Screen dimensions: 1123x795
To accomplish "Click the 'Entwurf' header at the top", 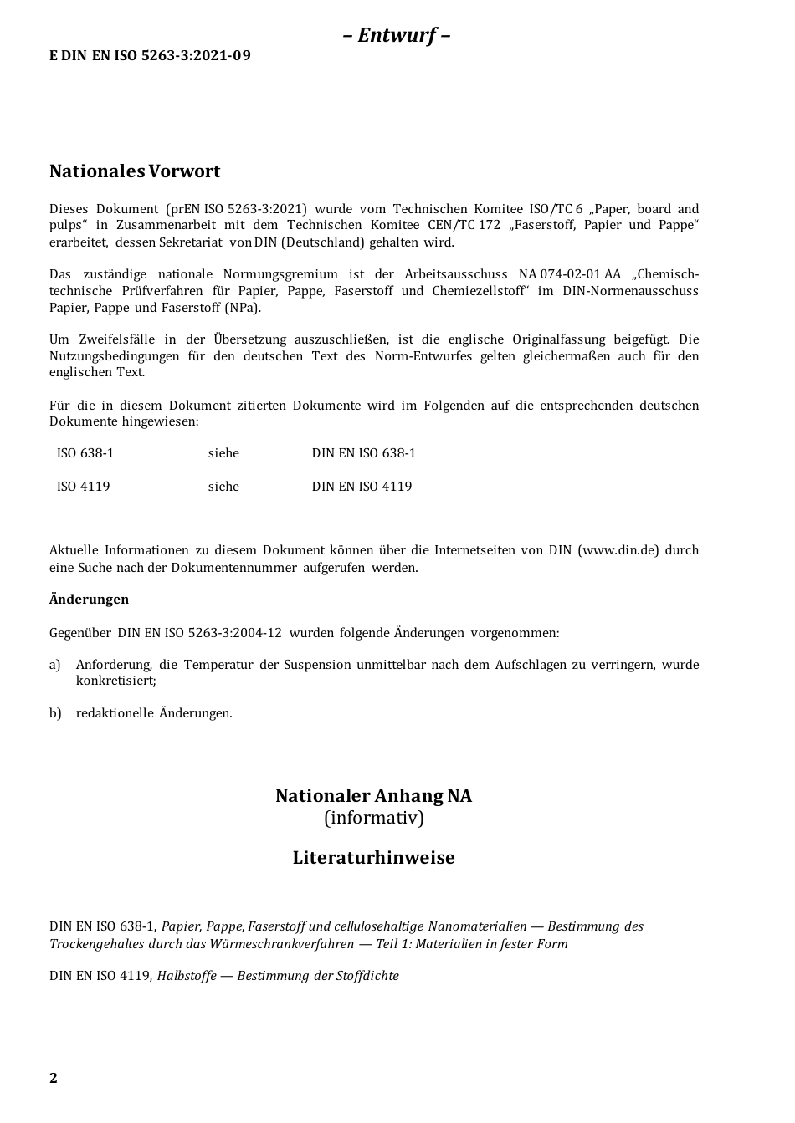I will tap(397, 35).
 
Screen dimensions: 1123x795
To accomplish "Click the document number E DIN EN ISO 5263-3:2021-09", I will tap(150, 56).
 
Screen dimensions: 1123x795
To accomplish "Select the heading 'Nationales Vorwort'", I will tap(135, 171).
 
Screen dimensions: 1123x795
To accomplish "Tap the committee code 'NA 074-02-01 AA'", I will tap(569, 274).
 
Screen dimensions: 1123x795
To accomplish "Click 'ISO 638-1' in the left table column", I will tap(85, 453).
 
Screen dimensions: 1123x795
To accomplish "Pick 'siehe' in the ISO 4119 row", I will tap(223, 487).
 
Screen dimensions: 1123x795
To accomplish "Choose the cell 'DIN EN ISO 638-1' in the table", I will tap(363, 453).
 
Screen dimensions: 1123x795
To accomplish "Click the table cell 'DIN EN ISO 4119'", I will tap(362, 487).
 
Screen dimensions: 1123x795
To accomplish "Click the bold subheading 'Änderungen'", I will tap(89, 600).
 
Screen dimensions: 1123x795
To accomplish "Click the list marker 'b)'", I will tap(55, 713).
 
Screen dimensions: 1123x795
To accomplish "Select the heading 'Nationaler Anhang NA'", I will tap(373, 796).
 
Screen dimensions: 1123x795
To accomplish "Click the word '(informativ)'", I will tap(373, 818).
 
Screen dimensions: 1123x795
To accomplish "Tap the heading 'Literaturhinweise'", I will tap(373, 858).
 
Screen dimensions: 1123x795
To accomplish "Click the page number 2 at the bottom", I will tap(54, 1078).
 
